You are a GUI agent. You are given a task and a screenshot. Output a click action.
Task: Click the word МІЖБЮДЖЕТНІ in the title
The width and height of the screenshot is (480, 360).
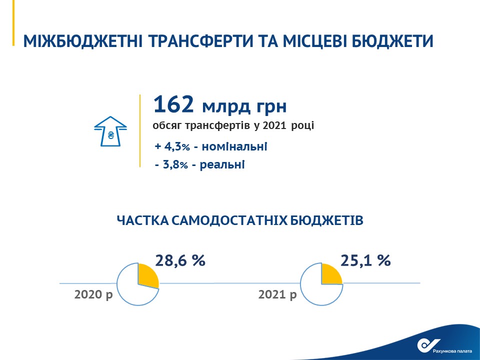(x=82, y=41)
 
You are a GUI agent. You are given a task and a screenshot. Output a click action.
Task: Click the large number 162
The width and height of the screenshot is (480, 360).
(x=173, y=104)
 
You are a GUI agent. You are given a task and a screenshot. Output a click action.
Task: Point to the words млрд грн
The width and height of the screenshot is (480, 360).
(x=244, y=106)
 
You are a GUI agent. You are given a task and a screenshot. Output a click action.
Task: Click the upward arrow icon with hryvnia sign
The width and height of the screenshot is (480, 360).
(x=110, y=131)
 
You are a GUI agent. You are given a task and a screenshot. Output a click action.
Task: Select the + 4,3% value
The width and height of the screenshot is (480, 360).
(x=172, y=146)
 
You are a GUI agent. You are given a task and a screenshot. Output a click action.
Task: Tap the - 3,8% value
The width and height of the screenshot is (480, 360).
(x=171, y=165)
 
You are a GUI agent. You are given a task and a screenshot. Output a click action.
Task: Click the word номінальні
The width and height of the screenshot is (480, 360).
(x=234, y=146)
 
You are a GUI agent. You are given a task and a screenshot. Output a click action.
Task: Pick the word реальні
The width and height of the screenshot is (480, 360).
(x=222, y=165)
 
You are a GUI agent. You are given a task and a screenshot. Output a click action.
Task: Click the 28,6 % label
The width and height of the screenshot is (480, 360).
(x=180, y=260)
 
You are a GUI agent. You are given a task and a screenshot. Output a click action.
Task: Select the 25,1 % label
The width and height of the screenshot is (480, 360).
(x=365, y=260)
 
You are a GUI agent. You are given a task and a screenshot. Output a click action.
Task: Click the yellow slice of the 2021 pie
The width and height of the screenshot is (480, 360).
(x=330, y=274)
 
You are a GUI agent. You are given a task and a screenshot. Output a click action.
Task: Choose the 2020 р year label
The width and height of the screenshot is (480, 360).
(x=93, y=294)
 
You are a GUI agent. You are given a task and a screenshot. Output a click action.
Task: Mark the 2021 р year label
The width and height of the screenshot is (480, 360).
(x=277, y=294)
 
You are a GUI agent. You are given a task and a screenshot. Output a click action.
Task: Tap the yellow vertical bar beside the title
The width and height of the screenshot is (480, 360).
(x=13, y=23)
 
